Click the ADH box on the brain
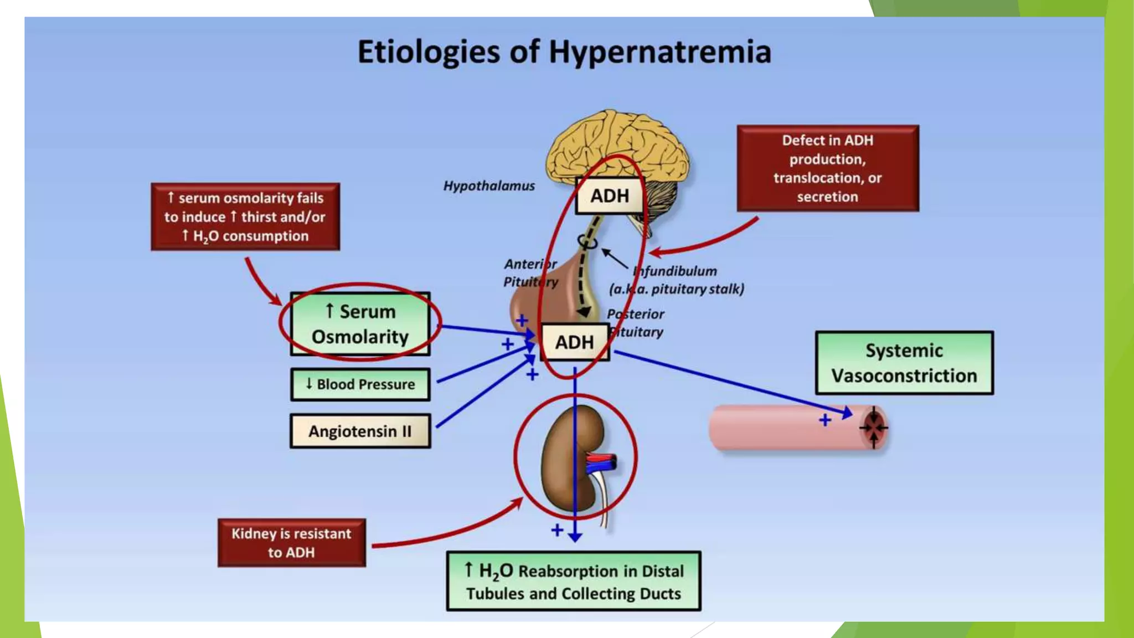click(x=609, y=196)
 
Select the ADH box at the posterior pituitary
click(x=574, y=342)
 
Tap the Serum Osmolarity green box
click(x=360, y=324)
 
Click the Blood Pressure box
click(x=360, y=384)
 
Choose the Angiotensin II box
click(x=360, y=431)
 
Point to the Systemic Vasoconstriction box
click(x=904, y=363)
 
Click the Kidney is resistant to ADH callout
click(x=291, y=543)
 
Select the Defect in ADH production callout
click(x=827, y=168)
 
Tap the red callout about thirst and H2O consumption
click(x=245, y=217)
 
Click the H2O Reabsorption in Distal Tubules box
click(x=574, y=582)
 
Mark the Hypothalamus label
click(x=489, y=186)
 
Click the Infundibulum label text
click(x=677, y=271)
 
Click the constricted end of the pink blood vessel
click(x=874, y=428)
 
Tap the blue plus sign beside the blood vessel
click(x=825, y=420)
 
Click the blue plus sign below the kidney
click(x=557, y=531)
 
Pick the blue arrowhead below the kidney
click(x=575, y=537)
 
